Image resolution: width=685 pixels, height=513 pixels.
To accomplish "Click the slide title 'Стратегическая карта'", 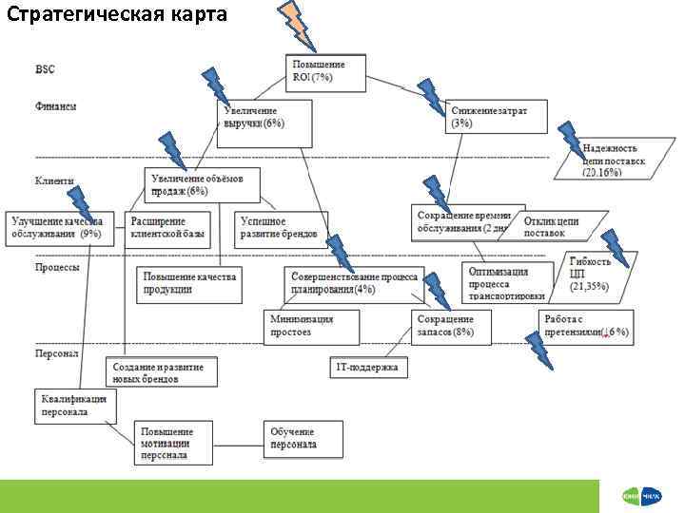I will click(x=117, y=16).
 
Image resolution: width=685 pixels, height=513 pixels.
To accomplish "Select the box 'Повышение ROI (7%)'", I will click(x=325, y=71).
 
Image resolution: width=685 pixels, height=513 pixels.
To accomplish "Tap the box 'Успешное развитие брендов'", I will click(x=276, y=226).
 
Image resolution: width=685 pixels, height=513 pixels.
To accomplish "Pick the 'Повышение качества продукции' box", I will click(x=188, y=282).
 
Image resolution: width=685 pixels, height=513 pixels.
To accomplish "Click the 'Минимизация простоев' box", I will click(x=313, y=326).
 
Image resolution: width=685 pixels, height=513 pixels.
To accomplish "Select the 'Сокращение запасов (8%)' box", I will click(x=452, y=326).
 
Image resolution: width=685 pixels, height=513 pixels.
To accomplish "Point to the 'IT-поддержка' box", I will click(x=369, y=367).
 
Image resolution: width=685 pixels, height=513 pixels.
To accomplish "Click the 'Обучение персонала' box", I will click(x=303, y=438).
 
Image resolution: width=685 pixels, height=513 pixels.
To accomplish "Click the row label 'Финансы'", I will click(x=57, y=105).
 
